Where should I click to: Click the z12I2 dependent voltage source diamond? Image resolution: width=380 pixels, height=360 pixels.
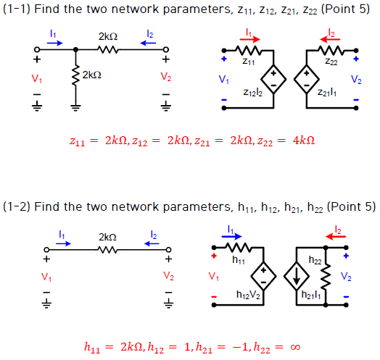274,76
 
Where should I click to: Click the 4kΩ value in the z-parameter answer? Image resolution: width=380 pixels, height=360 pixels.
303,140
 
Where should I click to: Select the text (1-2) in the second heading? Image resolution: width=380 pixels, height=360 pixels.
17,207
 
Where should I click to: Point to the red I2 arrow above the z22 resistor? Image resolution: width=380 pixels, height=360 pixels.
331,36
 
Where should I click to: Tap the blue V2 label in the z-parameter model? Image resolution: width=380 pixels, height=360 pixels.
355,79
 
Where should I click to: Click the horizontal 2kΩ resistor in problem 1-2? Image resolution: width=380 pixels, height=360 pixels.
107,248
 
